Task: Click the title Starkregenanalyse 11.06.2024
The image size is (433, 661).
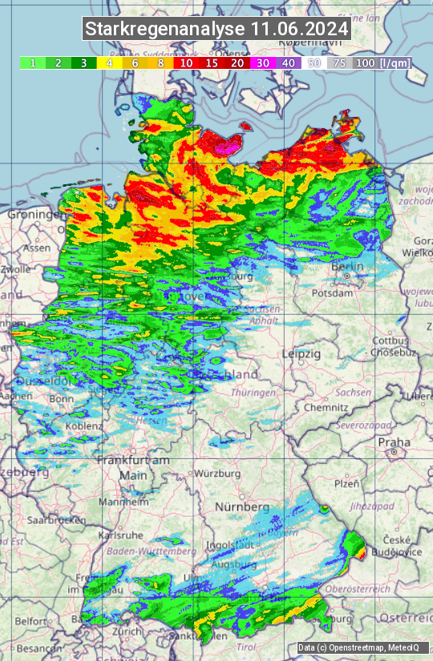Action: coord(216,30)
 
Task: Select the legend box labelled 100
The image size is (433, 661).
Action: coord(365,62)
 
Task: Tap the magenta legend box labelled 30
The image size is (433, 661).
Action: coord(263,62)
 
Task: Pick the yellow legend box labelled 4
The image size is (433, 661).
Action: coord(109,62)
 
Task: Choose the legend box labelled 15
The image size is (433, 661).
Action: coord(212,62)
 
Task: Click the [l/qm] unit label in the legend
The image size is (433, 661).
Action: coord(395,62)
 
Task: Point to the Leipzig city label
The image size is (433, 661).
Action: coord(301,353)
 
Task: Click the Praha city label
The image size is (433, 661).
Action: coord(394,441)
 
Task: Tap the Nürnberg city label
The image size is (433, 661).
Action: coord(241,507)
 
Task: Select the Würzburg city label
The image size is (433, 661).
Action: coord(217,474)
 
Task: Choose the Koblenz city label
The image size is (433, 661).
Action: coord(83,426)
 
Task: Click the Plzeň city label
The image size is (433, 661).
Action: coord(346,483)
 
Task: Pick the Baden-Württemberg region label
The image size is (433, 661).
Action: coord(152,551)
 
